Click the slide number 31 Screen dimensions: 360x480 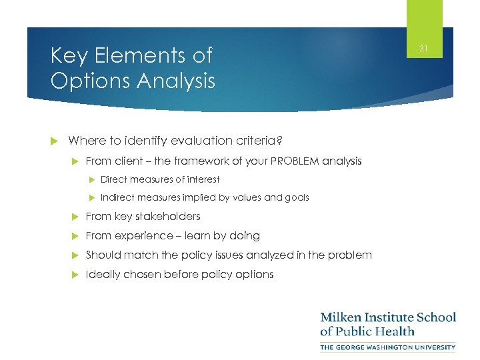[x=424, y=48]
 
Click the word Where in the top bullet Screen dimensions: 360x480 [x=85, y=140]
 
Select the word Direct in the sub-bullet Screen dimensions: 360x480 [x=114, y=179]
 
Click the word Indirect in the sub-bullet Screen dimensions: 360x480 [x=117, y=197]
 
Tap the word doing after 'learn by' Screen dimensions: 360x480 [x=245, y=236]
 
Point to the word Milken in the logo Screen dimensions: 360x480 [x=342, y=317]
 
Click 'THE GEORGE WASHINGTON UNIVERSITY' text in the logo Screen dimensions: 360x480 [x=388, y=347]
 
